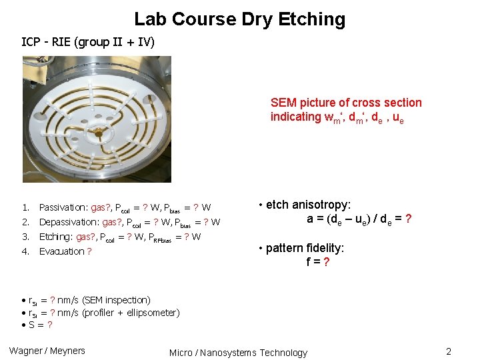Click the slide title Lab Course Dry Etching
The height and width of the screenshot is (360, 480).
pos(240,19)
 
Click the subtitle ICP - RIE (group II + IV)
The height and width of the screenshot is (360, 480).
pos(88,43)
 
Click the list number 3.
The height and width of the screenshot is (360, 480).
pos(25,237)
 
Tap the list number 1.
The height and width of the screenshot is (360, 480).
pos(25,207)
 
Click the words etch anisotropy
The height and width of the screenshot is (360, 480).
pos(308,205)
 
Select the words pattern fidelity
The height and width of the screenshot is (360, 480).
pos(305,249)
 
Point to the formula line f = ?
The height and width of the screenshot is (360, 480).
pos(317,262)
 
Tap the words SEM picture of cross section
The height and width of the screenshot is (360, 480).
pos(346,103)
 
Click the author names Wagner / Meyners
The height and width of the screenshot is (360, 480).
pos(47,351)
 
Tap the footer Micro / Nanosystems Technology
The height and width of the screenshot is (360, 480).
pos(238,353)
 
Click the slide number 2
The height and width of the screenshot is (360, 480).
pos(449,351)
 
